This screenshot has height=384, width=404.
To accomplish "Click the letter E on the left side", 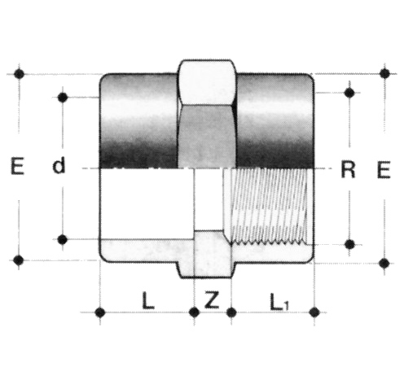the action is (x=17, y=166).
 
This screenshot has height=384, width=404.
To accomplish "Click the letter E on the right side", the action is (x=384, y=170).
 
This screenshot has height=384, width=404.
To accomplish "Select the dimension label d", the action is (x=59, y=166).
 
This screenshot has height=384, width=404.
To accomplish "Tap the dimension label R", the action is (x=348, y=170).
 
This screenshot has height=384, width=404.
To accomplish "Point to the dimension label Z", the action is (x=211, y=299).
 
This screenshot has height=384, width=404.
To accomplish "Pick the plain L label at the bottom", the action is (x=148, y=301).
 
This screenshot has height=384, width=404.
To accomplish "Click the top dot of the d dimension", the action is (x=63, y=97).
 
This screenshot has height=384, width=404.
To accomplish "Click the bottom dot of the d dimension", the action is (x=63, y=239).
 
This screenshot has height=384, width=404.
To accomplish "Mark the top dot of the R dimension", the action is (x=349, y=93).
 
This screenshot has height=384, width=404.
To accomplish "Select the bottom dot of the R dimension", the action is (x=350, y=244).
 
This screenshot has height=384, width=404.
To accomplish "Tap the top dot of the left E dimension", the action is (x=19, y=73).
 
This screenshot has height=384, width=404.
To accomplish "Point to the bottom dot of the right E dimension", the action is (x=384, y=263).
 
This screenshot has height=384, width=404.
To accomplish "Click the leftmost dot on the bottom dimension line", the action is (x=100, y=312).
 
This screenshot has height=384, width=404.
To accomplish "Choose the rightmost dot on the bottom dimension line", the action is (x=314, y=312).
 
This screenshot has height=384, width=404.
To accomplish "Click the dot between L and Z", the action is (x=194, y=312).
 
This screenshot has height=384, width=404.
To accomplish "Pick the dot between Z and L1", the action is (x=231, y=312).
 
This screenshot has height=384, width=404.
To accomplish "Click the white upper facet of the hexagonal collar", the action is (x=206, y=81).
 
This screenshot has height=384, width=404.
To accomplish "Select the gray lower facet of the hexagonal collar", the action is (x=206, y=137).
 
